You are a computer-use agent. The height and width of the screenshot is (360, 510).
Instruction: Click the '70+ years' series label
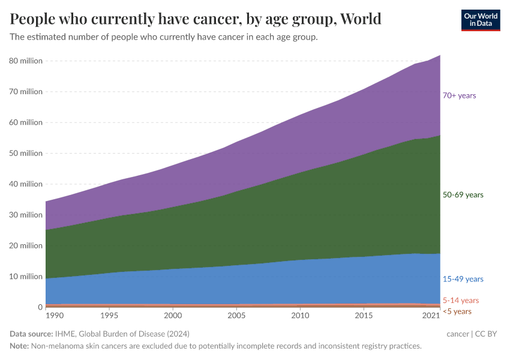[x=459, y=95]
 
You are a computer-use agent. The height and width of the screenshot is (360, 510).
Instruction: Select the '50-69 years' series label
[x=462, y=195]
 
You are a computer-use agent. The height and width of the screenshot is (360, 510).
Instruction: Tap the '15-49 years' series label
[x=462, y=279]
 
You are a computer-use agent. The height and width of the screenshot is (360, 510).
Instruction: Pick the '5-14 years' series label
[x=460, y=300]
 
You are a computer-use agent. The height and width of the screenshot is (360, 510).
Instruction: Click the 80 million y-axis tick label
[x=25, y=61]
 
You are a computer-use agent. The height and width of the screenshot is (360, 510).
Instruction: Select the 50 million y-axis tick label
[x=25, y=153]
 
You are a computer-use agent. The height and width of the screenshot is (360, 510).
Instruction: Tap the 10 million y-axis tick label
[x=25, y=277]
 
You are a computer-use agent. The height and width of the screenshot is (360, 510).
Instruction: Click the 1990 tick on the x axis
[x=54, y=316]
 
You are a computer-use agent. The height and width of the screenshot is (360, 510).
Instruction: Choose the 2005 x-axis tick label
[x=236, y=316]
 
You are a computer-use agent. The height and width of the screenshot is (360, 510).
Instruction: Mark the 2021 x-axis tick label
[x=431, y=316]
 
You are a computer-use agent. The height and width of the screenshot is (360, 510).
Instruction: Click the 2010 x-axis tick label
[x=300, y=316]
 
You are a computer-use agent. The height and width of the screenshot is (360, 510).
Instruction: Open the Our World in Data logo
[x=480, y=20]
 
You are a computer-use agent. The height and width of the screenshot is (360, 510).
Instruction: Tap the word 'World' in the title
[x=359, y=19]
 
